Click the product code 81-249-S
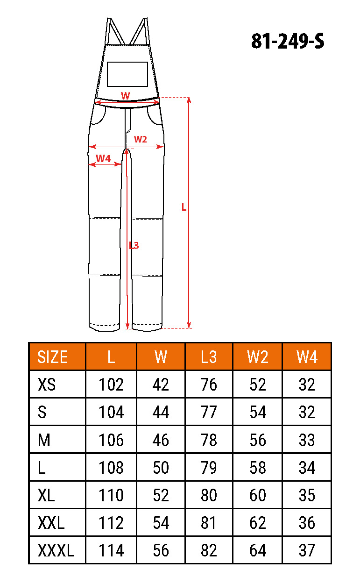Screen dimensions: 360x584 [x=288, y=41]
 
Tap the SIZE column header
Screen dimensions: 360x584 [x=52, y=356]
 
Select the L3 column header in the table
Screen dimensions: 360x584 [x=209, y=356]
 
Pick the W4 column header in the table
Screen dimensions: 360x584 [x=307, y=356]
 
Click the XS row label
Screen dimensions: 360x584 [x=47, y=385]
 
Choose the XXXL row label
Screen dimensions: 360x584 [x=56, y=550]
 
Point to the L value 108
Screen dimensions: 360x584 [x=111, y=468]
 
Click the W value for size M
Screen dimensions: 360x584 [x=161, y=440]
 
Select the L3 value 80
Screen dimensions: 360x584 [x=209, y=495]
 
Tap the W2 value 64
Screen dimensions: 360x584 [x=258, y=550]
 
